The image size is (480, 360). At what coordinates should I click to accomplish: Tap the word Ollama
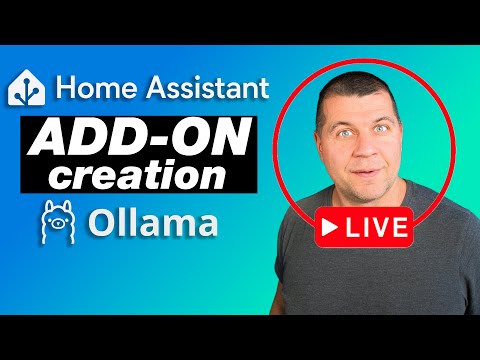tap(150, 223)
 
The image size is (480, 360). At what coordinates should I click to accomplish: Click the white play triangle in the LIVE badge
tap(328, 228)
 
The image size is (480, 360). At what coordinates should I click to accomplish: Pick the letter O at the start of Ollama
tap(100, 223)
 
